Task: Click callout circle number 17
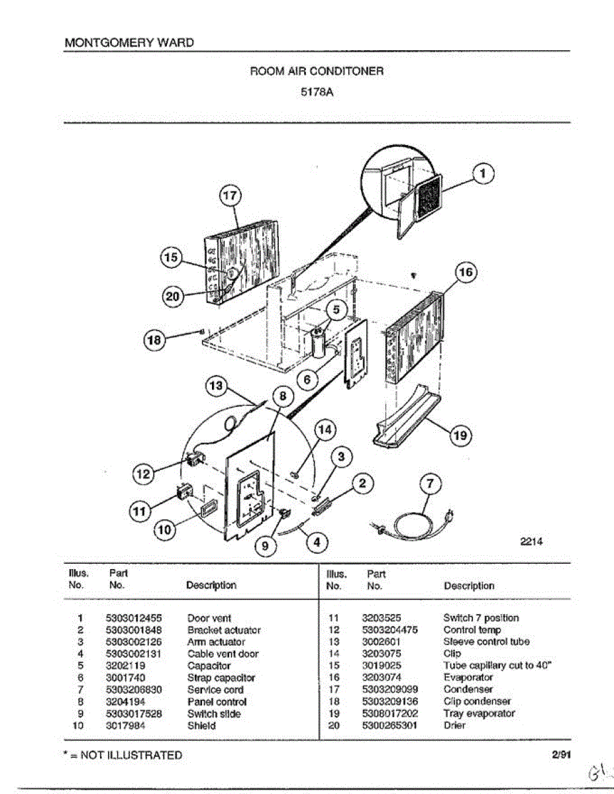(229, 196)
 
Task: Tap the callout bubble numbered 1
(484, 173)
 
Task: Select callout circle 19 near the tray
(460, 435)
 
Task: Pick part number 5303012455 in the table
(134, 618)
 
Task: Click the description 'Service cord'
(215, 689)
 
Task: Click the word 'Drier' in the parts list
(454, 725)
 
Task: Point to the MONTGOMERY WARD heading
(129, 43)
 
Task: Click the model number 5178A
(316, 93)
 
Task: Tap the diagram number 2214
(531, 541)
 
